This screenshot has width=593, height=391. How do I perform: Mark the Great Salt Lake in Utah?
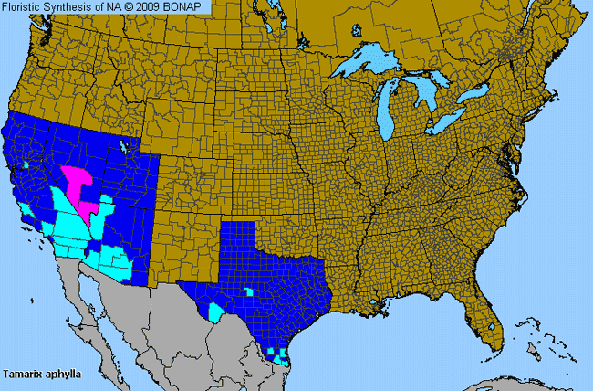(x=123, y=146)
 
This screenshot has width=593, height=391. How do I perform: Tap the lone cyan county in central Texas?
(x=248, y=292)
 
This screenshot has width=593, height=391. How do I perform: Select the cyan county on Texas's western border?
(x=215, y=312)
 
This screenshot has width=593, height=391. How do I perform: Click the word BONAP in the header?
(x=187, y=7)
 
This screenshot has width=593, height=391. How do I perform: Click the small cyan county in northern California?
(x=27, y=165)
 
